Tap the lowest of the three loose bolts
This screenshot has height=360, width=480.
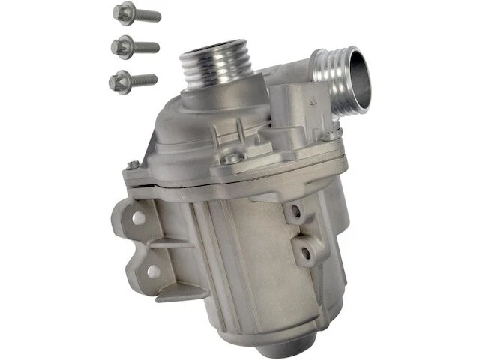135,78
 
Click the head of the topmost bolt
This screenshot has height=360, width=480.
121,11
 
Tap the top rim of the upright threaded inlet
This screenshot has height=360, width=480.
211,50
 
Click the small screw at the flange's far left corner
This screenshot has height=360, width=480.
133,165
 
